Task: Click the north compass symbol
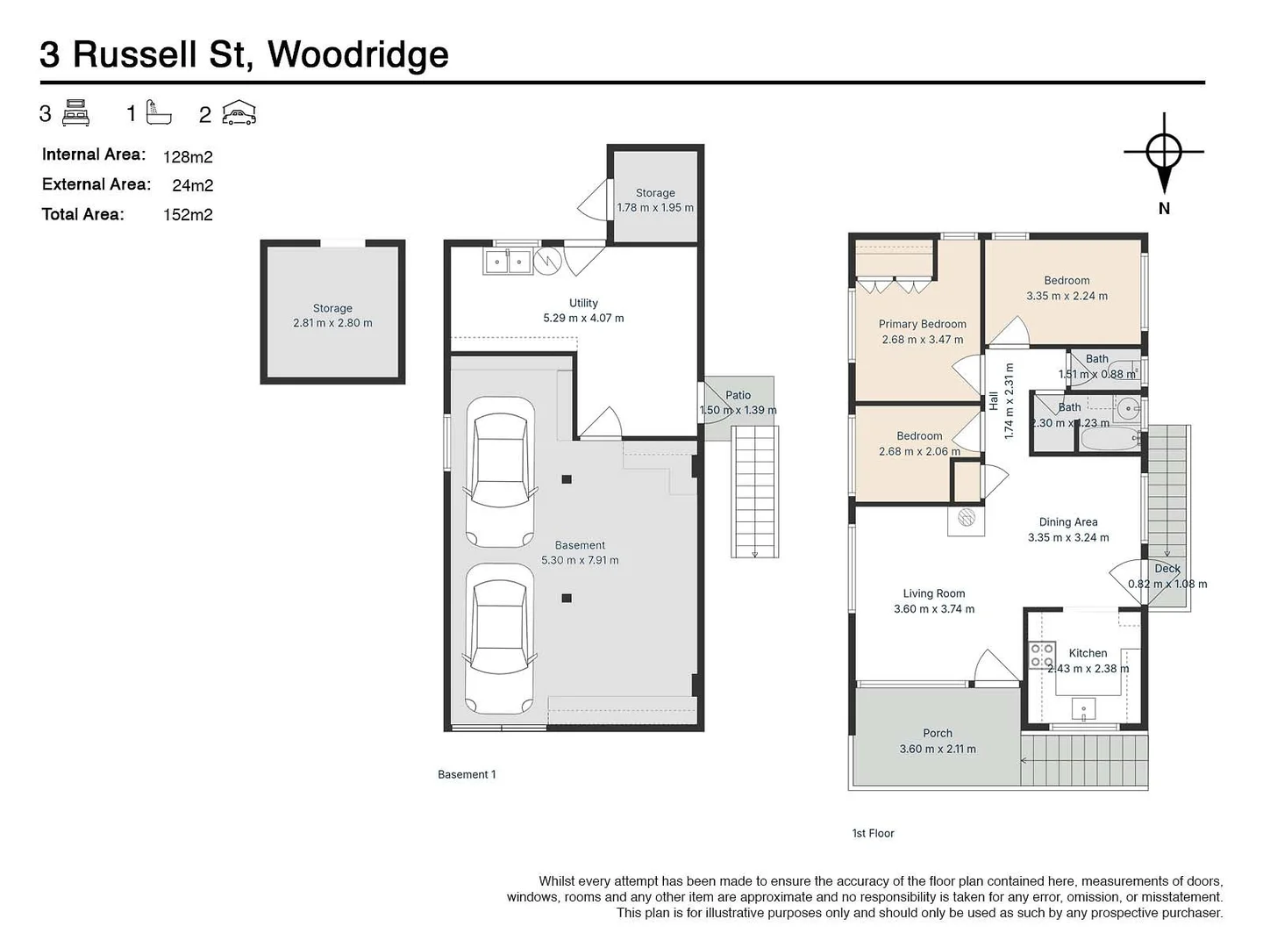pyautogui.click(x=1163, y=153)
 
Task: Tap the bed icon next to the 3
pyautogui.click(x=76, y=113)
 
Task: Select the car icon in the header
pyautogui.click(x=239, y=113)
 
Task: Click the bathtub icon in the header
pyautogui.click(x=159, y=112)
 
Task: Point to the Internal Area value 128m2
pyautogui.click(x=188, y=157)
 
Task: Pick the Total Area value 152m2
pyautogui.click(x=188, y=215)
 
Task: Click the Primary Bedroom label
pyautogui.click(x=922, y=324)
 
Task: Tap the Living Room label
pyautogui.click(x=933, y=593)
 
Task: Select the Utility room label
pyautogui.click(x=583, y=303)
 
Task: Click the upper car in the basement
pyautogui.click(x=500, y=472)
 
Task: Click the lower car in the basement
pyautogui.click(x=499, y=638)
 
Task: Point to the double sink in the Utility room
pyautogui.click(x=507, y=262)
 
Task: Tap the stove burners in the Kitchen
pyautogui.click(x=1042, y=655)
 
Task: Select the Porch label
pyautogui.click(x=937, y=733)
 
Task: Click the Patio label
pyautogui.click(x=738, y=395)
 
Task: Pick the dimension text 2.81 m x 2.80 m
pyautogui.click(x=332, y=323)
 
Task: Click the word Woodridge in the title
pyautogui.click(x=358, y=54)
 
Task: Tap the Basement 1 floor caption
pyautogui.click(x=467, y=774)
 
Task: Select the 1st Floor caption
pyautogui.click(x=873, y=833)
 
